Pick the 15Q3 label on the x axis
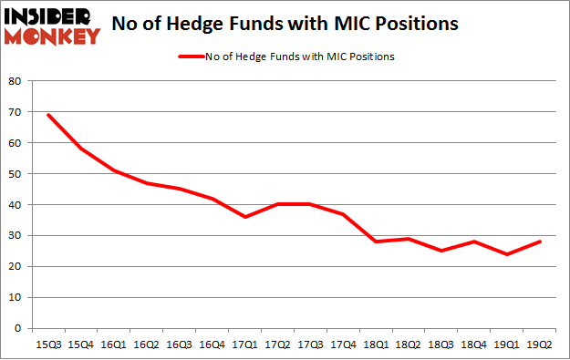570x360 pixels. click(47, 345)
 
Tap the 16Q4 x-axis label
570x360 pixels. click(214, 345)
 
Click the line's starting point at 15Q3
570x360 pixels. click(47, 115)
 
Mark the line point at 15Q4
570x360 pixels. click(81, 149)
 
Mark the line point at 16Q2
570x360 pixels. click(148, 183)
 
